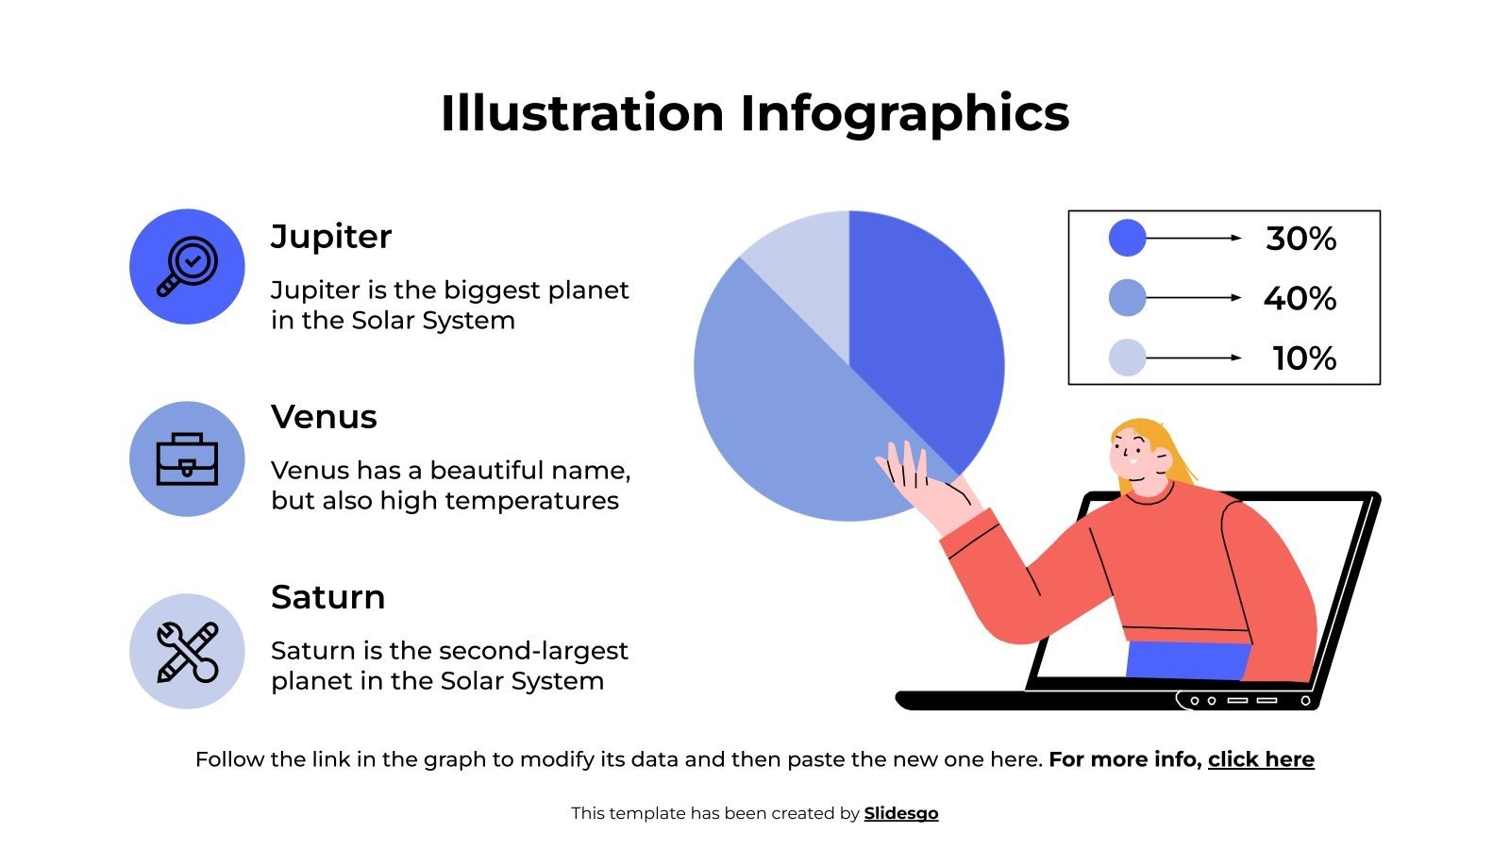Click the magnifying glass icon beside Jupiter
[x=187, y=267]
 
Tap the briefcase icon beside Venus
[x=187, y=459]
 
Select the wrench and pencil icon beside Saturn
[x=187, y=651]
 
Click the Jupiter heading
[x=331, y=237]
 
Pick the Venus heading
[x=324, y=417]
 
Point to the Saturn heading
[x=327, y=597]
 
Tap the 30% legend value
[x=1300, y=239]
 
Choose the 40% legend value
[x=1300, y=299]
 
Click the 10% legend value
[x=1304, y=358]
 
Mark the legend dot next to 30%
[x=1127, y=238]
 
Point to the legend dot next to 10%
[x=1127, y=358]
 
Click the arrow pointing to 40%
[x=1194, y=298]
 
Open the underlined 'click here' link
[x=1261, y=759]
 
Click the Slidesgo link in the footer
[x=901, y=813]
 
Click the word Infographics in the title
[x=904, y=113]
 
